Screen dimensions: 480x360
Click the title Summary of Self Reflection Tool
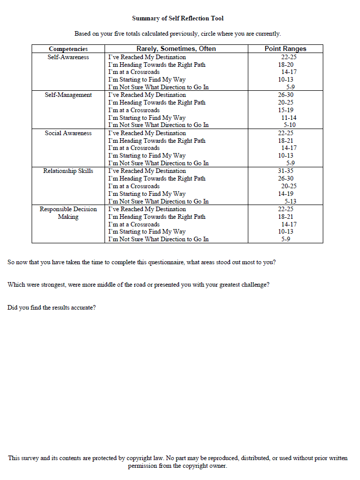[x=177, y=18]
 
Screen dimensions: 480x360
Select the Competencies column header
[x=68, y=49]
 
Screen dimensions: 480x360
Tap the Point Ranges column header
[x=286, y=49]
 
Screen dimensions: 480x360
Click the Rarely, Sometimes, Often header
[x=176, y=49]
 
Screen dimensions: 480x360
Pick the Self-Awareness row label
[x=68, y=57]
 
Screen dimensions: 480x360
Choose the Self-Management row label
[x=68, y=95]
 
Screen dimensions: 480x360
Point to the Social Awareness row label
[x=68, y=133]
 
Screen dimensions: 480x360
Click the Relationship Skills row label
[x=68, y=171]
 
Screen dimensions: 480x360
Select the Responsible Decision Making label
[x=68, y=213]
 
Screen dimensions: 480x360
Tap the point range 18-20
[x=286, y=65]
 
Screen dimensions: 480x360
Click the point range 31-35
[x=286, y=171]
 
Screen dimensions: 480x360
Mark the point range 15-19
[x=286, y=110]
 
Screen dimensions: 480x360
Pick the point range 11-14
[x=289, y=118]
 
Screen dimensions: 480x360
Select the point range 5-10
[x=290, y=125]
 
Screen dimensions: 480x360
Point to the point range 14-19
[x=286, y=194]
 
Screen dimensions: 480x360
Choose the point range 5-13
[x=291, y=201]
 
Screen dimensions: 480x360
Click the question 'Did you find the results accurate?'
[x=52, y=308]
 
